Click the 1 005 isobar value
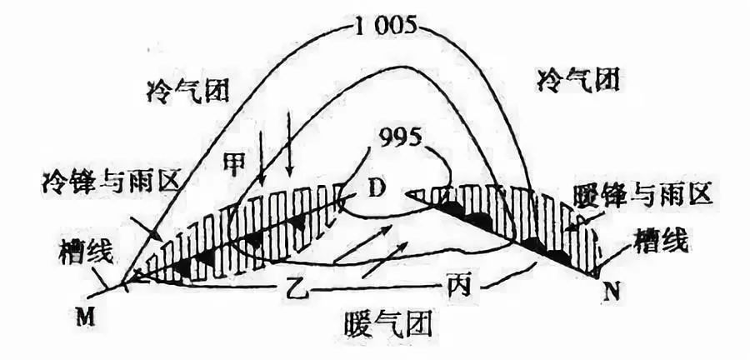(382, 27)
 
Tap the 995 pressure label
(400, 138)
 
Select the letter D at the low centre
(377, 189)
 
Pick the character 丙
(455, 287)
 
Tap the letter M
(85, 317)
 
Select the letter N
(611, 291)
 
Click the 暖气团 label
(387, 326)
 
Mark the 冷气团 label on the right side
(578, 79)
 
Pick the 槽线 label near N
(661, 242)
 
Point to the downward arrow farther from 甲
(288, 145)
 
